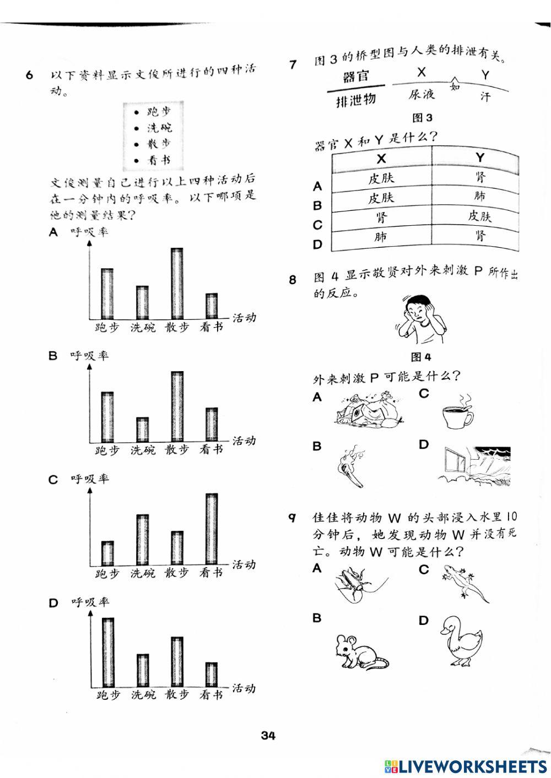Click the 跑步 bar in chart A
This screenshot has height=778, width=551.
(107, 293)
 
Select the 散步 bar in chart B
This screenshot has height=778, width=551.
(177, 407)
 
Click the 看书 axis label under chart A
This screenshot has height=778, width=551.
(212, 328)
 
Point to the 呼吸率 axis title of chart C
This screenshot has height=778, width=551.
(90, 479)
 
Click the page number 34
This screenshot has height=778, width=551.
(268, 736)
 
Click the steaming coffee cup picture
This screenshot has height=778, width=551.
(457, 412)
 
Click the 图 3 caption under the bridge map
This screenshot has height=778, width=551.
(422, 118)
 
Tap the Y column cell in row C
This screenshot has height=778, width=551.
(479, 216)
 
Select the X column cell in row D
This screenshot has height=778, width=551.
(381, 237)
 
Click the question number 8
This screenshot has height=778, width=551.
(293, 280)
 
